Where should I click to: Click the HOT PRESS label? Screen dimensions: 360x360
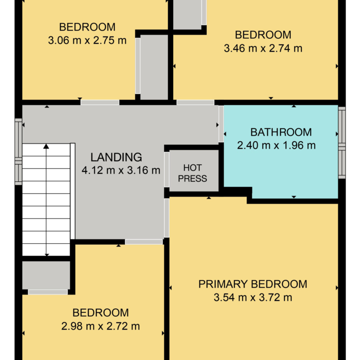[x=192, y=173]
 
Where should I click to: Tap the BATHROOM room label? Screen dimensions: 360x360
[x=281, y=132]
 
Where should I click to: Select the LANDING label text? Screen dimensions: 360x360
[x=116, y=157]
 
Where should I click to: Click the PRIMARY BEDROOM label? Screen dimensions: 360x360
[x=253, y=284]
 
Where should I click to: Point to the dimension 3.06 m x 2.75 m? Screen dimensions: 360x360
[x=87, y=41]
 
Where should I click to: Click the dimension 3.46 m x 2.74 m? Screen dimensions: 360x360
[x=263, y=48]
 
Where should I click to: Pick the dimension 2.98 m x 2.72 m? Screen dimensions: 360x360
[x=101, y=326]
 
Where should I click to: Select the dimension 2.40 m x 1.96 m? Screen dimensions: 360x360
[x=276, y=145]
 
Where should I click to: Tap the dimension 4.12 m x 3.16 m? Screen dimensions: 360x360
[x=121, y=170]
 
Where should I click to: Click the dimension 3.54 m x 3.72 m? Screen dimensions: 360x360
[x=253, y=298]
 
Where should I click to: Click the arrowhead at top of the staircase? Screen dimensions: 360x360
[x=46, y=146]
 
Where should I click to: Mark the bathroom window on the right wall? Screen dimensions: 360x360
[x=342, y=143]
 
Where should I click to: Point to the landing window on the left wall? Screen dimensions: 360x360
[x=18, y=151]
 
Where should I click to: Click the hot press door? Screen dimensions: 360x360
[x=167, y=169]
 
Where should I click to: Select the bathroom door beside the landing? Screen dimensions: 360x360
[x=221, y=124]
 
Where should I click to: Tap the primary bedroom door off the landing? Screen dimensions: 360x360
[x=167, y=218]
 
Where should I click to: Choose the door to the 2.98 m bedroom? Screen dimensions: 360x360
[x=144, y=242]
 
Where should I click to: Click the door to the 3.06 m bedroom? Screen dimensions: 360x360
[x=100, y=102]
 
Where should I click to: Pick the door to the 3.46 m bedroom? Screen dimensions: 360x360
[x=195, y=102]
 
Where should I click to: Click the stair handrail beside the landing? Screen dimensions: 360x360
[x=72, y=191]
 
